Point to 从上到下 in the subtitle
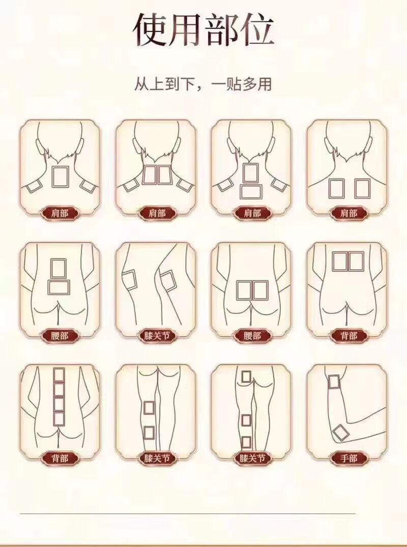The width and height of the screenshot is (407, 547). click(x=162, y=84)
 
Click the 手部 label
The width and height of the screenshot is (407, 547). click(x=349, y=457)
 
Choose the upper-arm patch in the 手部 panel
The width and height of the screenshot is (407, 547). click(x=334, y=382)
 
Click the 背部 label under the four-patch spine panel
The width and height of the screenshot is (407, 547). click(x=60, y=457)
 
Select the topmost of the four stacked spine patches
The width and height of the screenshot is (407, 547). click(x=59, y=375)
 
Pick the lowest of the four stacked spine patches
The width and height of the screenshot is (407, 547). click(x=59, y=419)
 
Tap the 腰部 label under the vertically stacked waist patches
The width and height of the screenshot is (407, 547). click(x=60, y=336)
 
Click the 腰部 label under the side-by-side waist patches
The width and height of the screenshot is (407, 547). click(x=252, y=336)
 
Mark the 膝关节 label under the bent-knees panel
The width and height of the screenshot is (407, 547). click(x=157, y=336)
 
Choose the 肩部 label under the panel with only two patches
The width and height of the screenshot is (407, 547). click(x=349, y=213)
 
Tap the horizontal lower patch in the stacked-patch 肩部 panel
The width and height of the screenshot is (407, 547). click(x=251, y=191)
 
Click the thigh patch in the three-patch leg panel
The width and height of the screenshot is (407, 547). click(x=246, y=378)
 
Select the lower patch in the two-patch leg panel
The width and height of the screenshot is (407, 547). click(x=149, y=433)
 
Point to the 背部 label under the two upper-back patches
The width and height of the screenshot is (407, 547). click(x=349, y=336)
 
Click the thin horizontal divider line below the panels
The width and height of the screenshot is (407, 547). click(x=188, y=513)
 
